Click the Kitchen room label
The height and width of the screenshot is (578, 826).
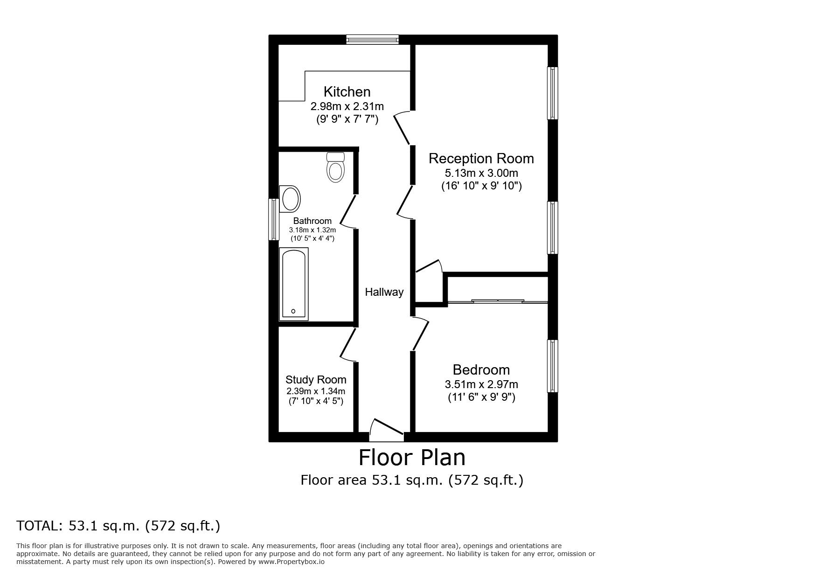[x=347, y=91]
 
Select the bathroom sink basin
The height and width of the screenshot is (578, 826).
[x=290, y=200]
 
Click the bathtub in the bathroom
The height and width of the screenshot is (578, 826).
[x=293, y=285]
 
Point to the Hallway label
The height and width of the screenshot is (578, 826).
[x=384, y=292]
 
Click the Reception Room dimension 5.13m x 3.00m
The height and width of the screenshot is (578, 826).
[x=481, y=173]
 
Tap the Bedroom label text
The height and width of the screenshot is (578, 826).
[x=481, y=370]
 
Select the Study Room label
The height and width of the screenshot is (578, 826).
[x=316, y=380]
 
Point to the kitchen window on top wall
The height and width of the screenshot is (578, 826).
[x=373, y=40]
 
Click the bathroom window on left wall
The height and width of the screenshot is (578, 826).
[x=274, y=220]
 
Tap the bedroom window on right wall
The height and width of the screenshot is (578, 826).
[x=553, y=366]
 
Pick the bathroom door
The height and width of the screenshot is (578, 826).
[x=348, y=212]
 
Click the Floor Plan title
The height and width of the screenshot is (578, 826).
[x=412, y=458]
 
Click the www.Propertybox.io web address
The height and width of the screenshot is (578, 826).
[x=292, y=562]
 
